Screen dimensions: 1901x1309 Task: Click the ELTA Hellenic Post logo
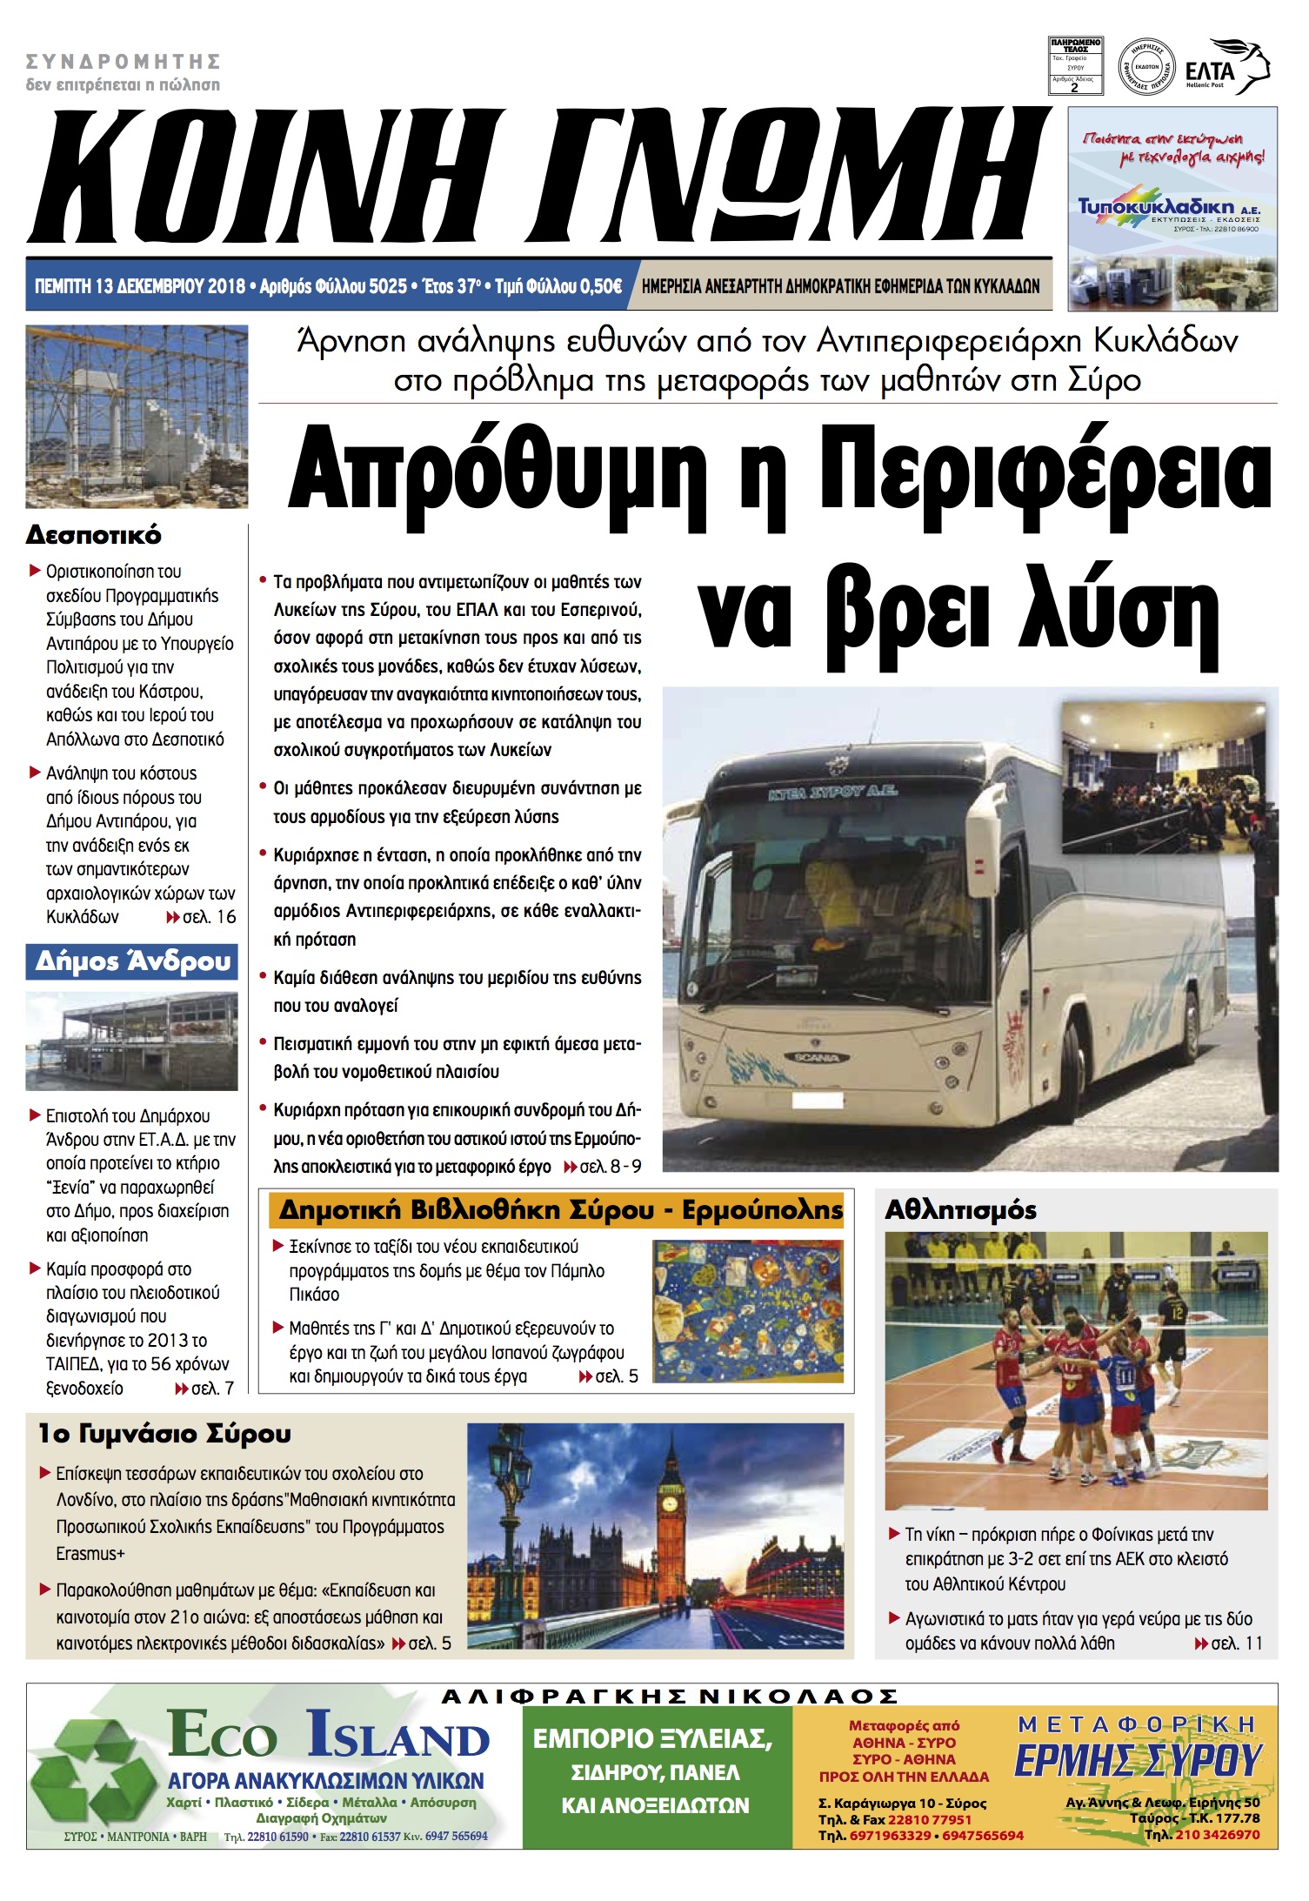[x=1226, y=66]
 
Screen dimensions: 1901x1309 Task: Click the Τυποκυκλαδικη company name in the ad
[x=1157, y=207]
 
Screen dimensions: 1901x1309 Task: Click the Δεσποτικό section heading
[x=94, y=534]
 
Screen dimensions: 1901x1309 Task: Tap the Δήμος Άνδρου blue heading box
[x=132, y=961]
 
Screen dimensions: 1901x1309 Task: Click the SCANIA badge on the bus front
[x=814, y=1057]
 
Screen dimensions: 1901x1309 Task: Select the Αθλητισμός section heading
[x=960, y=1210]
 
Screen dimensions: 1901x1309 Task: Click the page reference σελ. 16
[x=209, y=917]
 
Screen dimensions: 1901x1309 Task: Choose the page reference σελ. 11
[x=1236, y=1643]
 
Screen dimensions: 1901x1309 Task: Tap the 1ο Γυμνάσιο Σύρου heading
[x=164, y=1434]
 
